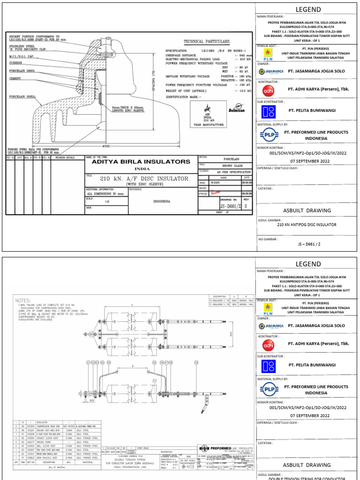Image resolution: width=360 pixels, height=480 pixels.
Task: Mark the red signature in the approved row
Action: pos(215,192)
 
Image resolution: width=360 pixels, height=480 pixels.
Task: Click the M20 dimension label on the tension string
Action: pos(92,401)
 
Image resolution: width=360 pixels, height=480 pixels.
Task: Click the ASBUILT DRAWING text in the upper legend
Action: pos(307,210)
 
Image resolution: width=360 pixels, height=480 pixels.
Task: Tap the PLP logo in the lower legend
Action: pos(269,389)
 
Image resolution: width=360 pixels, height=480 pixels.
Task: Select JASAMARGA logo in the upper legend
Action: pos(270,71)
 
